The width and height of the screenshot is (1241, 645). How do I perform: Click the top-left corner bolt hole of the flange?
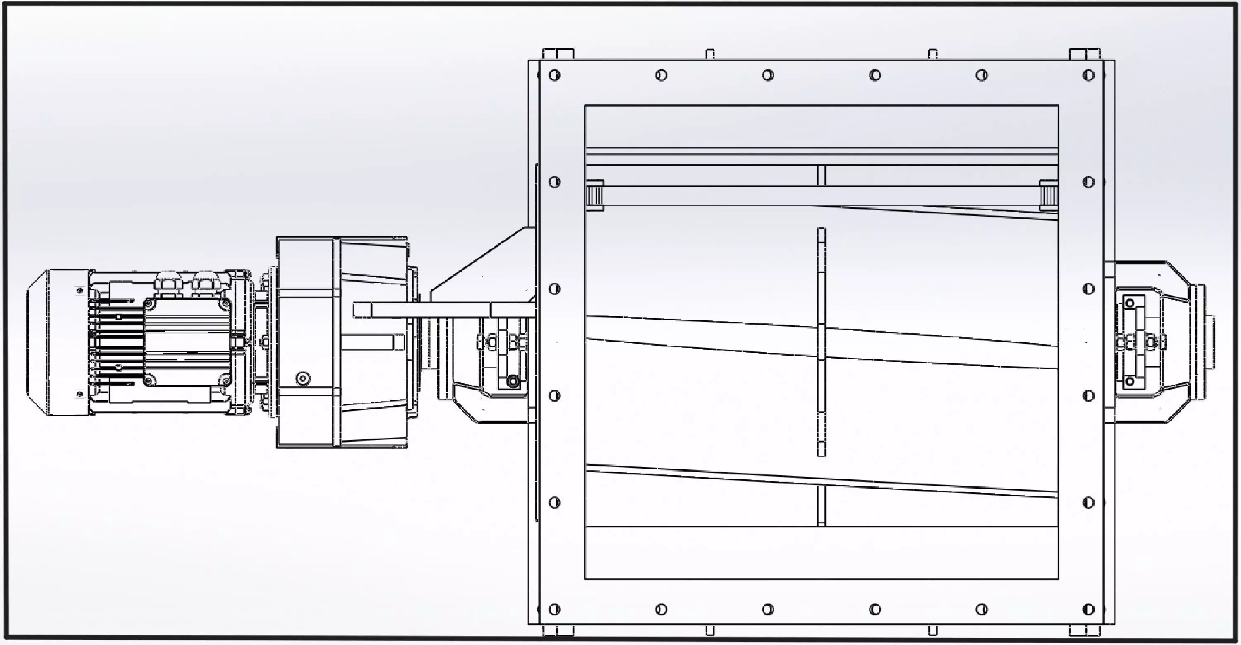(554, 75)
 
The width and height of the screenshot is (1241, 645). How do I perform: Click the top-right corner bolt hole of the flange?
(1088, 75)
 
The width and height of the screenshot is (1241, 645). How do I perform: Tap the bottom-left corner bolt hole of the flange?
(554, 609)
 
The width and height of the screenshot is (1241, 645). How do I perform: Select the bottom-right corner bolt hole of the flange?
(1088, 609)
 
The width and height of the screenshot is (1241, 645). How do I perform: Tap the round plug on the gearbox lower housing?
(302, 378)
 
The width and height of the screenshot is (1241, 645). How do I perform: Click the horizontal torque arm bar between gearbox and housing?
(443, 310)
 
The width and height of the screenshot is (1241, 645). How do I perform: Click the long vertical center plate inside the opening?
(822, 342)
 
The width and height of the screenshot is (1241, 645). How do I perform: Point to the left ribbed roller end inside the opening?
(595, 195)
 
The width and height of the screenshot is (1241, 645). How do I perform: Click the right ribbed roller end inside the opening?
(1048, 195)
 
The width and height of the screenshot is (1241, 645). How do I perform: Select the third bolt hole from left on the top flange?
(768, 75)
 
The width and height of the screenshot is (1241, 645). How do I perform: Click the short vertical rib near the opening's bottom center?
(822, 505)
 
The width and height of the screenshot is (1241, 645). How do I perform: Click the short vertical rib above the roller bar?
(822, 176)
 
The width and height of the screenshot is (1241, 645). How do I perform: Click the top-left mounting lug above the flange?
(558, 54)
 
